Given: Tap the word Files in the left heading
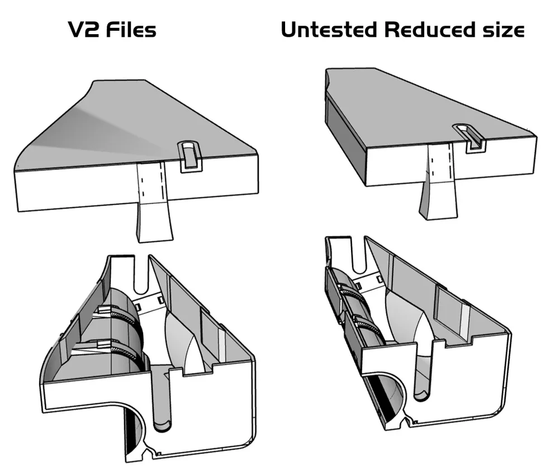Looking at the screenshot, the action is (x=131, y=30).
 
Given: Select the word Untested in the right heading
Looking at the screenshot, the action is (x=329, y=30).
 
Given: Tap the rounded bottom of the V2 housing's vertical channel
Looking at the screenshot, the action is (x=163, y=426).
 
